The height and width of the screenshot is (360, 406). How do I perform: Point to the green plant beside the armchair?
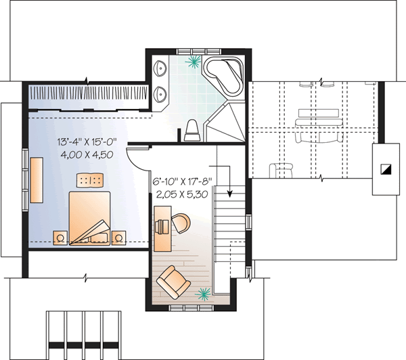(x=202, y=293)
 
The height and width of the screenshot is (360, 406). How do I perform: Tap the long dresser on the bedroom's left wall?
(x=35, y=179)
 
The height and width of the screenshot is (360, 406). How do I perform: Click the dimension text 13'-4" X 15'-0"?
(x=88, y=142)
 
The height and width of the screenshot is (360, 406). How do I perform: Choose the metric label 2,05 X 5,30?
(x=183, y=194)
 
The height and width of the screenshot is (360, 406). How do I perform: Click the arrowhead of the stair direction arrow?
(x=230, y=193)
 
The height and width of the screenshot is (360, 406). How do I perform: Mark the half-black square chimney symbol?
(x=385, y=170)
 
